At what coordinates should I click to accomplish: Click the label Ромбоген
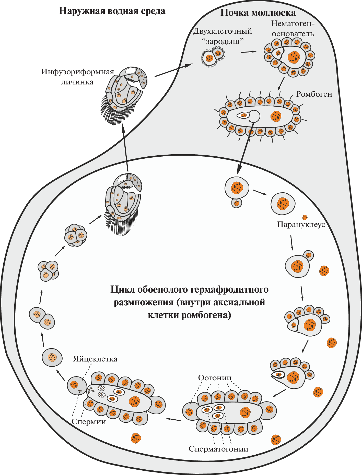[x=314, y=94]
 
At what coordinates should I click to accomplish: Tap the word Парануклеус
[x=301, y=224]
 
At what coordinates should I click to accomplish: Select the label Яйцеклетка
[x=95, y=359]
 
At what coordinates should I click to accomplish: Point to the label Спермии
[x=89, y=421]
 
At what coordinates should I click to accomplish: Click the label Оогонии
[x=215, y=378]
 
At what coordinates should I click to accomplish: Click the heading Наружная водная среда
[x=112, y=11]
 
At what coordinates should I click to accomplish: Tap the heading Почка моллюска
[x=258, y=13]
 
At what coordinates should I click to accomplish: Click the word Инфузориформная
[x=77, y=72]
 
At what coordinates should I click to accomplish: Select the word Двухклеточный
[x=223, y=31]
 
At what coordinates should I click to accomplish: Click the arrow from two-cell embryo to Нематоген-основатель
[x=248, y=52]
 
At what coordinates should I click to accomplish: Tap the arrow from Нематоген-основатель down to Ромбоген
[x=281, y=84]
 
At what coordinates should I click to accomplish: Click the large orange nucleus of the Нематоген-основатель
[x=294, y=57]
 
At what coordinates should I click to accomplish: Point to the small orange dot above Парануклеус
[x=305, y=217]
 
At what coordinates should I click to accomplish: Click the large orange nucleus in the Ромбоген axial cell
[x=276, y=116]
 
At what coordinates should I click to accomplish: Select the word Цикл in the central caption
[x=123, y=290]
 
